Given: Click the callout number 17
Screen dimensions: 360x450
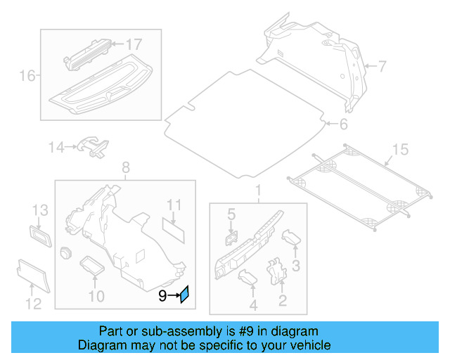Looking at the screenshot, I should click(133, 44).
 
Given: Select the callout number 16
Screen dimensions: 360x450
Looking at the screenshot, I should click(27, 75).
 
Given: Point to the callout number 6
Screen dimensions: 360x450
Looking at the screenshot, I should click(343, 125).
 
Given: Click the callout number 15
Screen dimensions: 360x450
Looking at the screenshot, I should click(399, 148).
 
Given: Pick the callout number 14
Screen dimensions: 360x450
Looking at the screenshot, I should click(56, 147).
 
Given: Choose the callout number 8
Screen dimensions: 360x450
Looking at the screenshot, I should click(126, 167).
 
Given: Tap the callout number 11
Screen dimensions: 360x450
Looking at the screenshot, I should click(174, 205).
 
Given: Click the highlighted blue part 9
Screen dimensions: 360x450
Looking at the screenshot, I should click(184, 295).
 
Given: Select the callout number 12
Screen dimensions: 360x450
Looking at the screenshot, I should click(33, 304).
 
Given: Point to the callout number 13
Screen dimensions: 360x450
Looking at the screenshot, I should click(39, 210).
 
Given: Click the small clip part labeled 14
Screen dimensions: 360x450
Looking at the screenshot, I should click(93, 146).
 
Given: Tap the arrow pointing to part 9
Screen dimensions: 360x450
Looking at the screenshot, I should click(173, 297).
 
